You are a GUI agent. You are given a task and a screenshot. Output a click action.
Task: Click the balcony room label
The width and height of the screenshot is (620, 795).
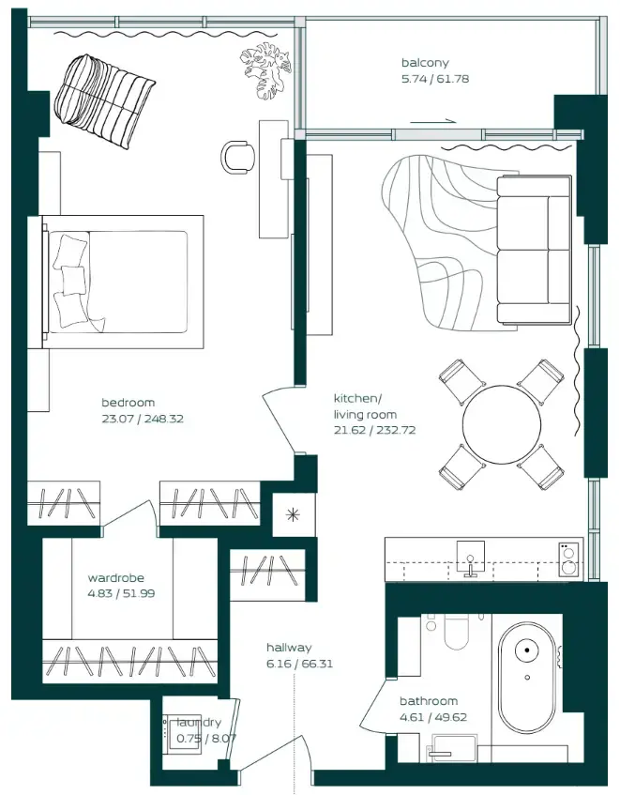tap(424, 64)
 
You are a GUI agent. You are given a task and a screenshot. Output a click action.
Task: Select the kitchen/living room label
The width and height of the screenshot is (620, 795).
tap(365, 406)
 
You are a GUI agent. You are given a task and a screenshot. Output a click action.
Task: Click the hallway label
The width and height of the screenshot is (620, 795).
tap(289, 648)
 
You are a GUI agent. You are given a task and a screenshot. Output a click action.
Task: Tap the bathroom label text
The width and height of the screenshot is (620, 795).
tap(429, 701)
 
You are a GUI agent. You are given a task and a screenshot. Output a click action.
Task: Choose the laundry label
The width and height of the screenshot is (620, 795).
tap(200, 723)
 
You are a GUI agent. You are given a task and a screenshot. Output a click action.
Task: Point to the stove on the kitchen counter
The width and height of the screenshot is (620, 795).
tap(567, 559)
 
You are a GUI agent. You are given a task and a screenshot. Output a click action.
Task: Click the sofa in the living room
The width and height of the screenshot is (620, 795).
tap(534, 250)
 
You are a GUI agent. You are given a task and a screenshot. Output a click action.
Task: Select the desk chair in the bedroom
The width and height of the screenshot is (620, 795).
tap(237, 156)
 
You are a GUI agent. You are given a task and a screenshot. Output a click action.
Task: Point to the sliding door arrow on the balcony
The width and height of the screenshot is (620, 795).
tap(433, 120)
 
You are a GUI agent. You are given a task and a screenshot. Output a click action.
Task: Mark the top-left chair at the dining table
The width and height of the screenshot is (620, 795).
tap(461, 381)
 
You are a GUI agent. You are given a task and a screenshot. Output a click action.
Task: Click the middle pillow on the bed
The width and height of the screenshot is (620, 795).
tap(73, 280)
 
